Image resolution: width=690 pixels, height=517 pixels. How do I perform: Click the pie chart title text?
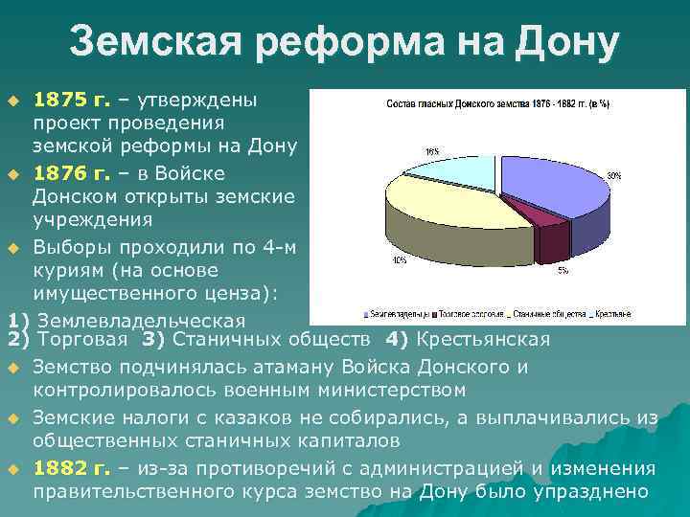(x=498, y=103)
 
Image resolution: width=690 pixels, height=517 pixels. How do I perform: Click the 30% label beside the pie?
(x=613, y=176)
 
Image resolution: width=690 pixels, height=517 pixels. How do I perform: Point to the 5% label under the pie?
(x=563, y=271)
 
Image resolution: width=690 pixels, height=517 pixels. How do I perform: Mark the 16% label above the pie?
(x=433, y=151)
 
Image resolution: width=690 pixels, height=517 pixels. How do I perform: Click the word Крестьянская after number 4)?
(x=481, y=339)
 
